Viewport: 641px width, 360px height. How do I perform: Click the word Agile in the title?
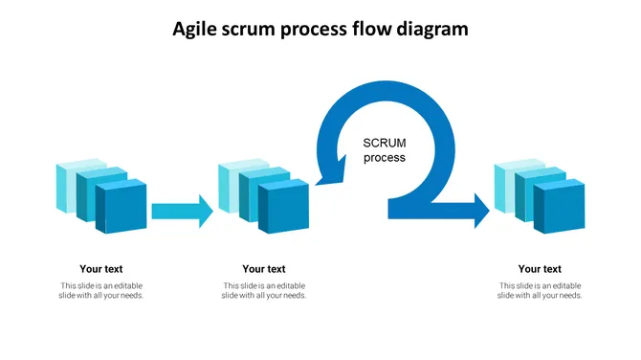click(x=195, y=29)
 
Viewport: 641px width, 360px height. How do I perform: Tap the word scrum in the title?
click(x=252, y=29)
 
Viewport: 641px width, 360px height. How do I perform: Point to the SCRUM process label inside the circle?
click(x=385, y=150)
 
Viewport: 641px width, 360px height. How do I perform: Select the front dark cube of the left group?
click(x=122, y=207)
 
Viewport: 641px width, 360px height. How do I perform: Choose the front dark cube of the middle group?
click(x=284, y=207)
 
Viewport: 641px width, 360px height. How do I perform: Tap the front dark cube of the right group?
click(x=560, y=206)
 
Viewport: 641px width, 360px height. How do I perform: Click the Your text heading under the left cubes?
click(x=101, y=269)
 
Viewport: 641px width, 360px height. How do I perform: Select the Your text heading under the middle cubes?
click(x=264, y=269)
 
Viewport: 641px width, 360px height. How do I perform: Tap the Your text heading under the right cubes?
click(x=540, y=269)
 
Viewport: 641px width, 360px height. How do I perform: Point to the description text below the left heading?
click(x=101, y=291)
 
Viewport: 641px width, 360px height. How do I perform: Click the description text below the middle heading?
click(x=264, y=291)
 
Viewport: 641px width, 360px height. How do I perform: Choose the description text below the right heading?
click(x=540, y=291)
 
